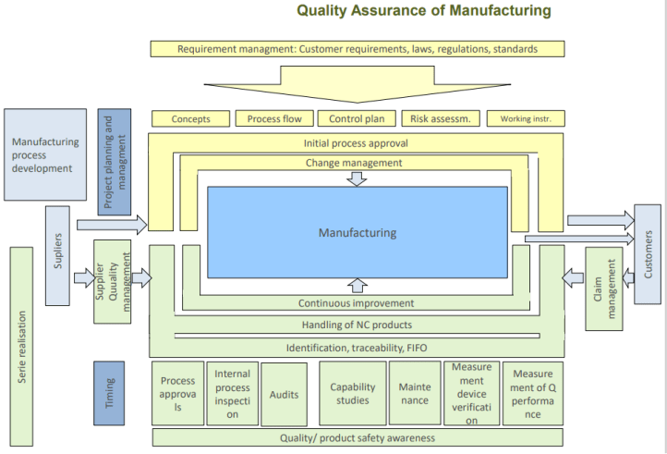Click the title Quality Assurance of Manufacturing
pyautogui.click(x=424, y=11)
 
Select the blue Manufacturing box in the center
pyautogui.click(x=358, y=232)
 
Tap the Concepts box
pyautogui.click(x=191, y=118)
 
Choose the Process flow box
pyautogui.click(x=274, y=118)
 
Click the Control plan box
pyautogui.click(x=358, y=118)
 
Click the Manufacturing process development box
pyautogui.click(x=45, y=155)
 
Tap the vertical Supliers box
pyautogui.click(x=58, y=255)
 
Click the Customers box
pyautogui.click(x=648, y=254)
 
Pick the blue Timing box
pyautogui.click(x=109, y=393)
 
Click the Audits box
pyautogui.click(x=284, y=394)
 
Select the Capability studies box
pyautogui.click(x=353, y=394)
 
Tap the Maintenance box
pyautogui.click(x=415, y=394)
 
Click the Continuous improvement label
pyautogui.click(x=356, y=303)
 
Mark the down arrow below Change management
pyautogui.click(x=357, y=178)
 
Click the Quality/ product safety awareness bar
pyautogui.click(x=358, y=437)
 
